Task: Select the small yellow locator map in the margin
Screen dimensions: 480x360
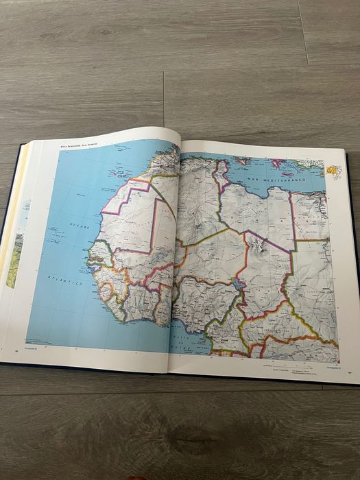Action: coord(333,171)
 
